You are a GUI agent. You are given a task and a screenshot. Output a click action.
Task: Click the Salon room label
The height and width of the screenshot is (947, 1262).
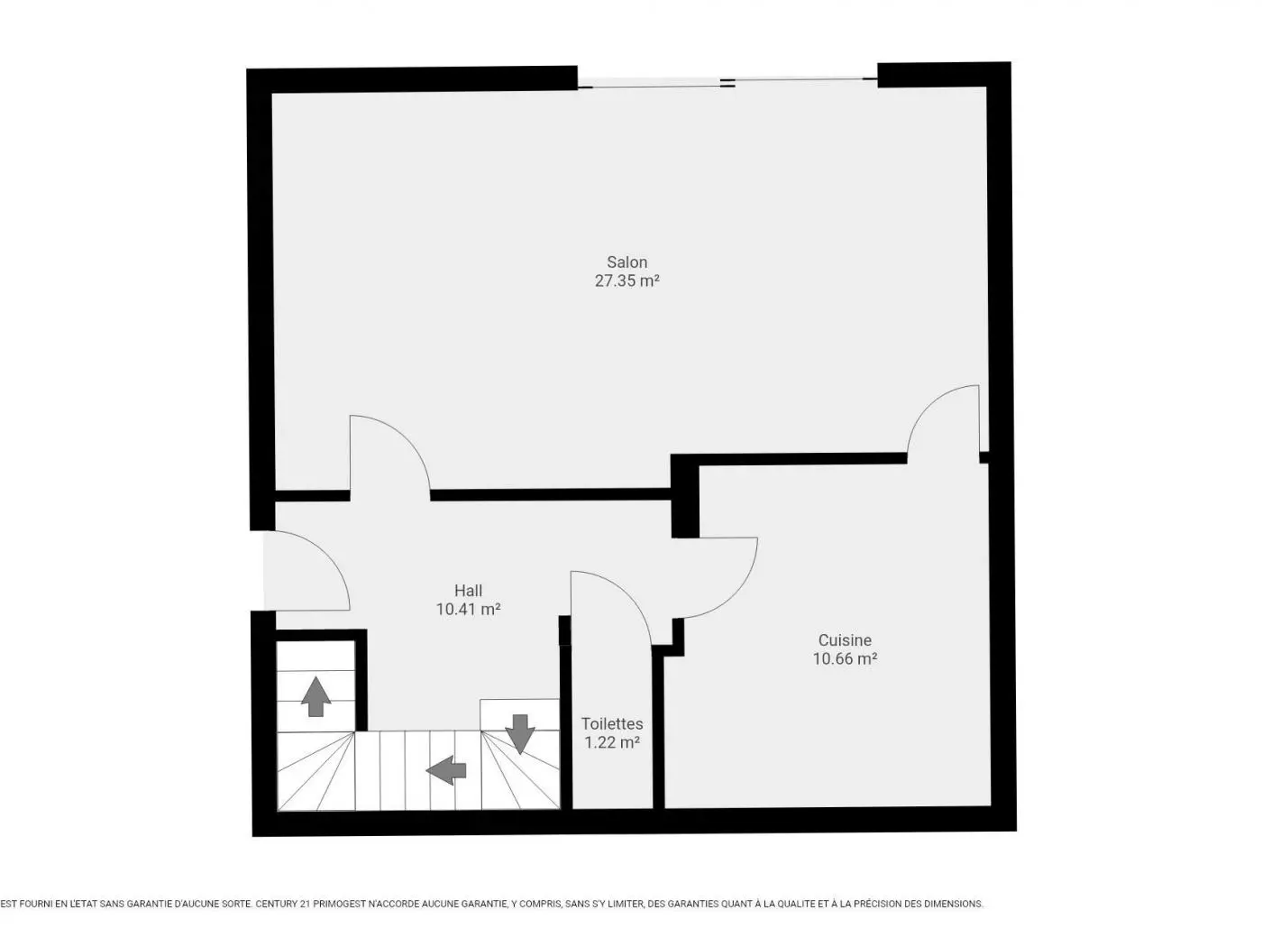[x=626, y=262]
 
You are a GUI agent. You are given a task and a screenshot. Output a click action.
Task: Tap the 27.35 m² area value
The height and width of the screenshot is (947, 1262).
[x=626, y=280]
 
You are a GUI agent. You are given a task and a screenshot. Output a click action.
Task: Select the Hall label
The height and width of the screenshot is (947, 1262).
[x=468, y=591]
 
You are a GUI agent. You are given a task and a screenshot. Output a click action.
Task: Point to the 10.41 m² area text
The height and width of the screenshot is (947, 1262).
[x=468, y=609]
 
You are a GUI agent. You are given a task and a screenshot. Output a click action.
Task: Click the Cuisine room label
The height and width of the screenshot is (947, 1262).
[x=845, y=640]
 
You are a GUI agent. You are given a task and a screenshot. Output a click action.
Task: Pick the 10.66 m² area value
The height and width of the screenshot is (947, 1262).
[x=845, y=658]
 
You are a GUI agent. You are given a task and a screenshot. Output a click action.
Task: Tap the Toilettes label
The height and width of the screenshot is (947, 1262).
[x=612, y=723]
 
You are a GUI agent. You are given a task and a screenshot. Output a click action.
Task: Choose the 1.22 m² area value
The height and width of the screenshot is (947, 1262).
[x=612, y=742]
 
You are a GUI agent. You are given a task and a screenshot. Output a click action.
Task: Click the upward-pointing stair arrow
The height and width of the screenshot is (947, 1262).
[x=315, y=696]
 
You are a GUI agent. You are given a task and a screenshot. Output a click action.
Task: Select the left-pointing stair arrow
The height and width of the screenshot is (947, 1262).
[x=446, y=769]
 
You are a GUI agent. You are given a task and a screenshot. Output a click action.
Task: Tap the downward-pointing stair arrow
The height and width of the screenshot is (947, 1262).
[x=520, y=732]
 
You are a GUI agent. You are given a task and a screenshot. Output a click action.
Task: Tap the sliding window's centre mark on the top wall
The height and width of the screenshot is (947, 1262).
[x=727, y=83]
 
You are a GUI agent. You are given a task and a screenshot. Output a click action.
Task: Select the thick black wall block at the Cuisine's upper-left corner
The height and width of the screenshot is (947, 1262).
[x=685, y=496]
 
